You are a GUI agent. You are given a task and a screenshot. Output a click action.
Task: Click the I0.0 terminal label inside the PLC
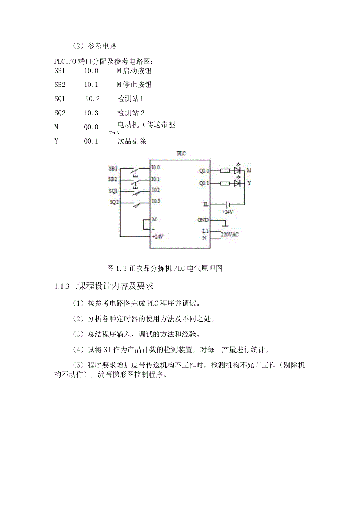coord(156,167)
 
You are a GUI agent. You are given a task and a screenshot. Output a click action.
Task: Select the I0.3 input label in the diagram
coord(156,201)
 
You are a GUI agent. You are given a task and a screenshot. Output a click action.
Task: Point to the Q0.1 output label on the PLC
coord(204,183)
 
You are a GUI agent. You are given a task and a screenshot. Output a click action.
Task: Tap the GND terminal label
coord(203,220)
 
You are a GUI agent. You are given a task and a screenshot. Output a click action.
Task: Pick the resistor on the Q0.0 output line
coord(225,171)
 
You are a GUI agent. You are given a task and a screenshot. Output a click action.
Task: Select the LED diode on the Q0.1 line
coord(237,183)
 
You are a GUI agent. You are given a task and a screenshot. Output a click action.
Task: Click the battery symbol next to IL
coord(228,205)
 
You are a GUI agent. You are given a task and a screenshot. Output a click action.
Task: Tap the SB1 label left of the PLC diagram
coord(113,169)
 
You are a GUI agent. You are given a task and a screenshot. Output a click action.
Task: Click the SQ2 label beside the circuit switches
coord(114,202)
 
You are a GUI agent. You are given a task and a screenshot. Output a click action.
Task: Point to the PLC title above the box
coord(181,154)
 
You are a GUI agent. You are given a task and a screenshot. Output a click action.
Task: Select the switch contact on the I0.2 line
coord(135,192)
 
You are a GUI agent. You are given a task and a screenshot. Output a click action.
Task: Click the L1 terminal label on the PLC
coord(205,231)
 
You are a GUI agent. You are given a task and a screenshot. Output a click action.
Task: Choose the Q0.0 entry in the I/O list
coord(91,127)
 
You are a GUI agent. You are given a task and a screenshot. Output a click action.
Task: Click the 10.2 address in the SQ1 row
coord(93,99)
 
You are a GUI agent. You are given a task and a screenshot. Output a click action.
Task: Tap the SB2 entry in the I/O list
coord(60,85)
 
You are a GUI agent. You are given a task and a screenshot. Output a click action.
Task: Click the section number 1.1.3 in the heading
coord(62,286)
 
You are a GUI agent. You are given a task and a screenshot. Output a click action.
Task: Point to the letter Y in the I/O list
coord(57,141)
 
